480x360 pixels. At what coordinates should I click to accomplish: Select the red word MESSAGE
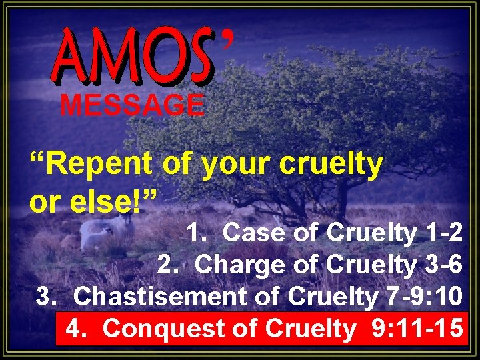pyautogui.click(x=133, y=105)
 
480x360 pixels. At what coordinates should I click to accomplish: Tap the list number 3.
pyautogui.click(x=46, y=296)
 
